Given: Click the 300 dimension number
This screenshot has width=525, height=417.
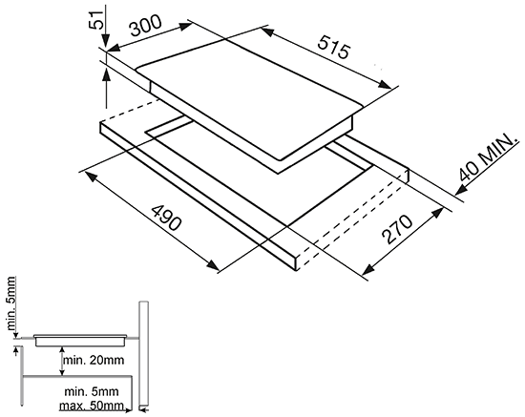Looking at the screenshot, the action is coord(146,26).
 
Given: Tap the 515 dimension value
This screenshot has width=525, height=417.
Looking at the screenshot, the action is coord(333,47).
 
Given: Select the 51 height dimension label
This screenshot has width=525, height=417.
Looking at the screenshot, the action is coord(95,21).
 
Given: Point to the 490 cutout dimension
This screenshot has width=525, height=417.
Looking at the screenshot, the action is coord(166,218).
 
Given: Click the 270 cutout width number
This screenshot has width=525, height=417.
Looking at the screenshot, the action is coord(398,229).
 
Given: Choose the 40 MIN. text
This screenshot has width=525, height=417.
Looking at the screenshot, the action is coord(486,157).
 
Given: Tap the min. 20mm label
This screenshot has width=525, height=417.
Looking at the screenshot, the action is coord(94,361).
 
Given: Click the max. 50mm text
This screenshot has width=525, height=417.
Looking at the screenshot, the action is coord(91,406).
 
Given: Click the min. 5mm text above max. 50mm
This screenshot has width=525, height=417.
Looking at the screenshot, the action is coord(91,391).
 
